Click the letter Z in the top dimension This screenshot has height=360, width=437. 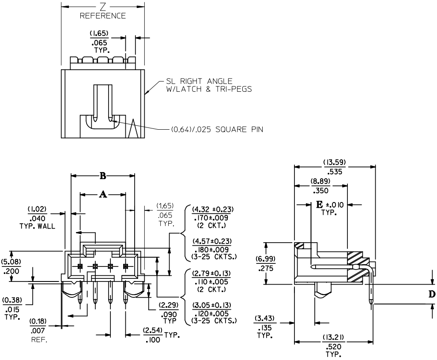pyautogui.click(x=102, y=8)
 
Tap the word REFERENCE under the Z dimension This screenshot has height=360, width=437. pyautogui.click(x=103, y=16)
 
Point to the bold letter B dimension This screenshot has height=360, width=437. pyautogui.click(x=102, y=176)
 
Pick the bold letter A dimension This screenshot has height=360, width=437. pyautogui.click(x=103, y=195)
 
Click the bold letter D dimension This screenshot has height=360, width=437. pyautogui.click(x=432, y=294)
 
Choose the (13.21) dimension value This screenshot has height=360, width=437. pyautogui.click(x=333, y=338)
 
